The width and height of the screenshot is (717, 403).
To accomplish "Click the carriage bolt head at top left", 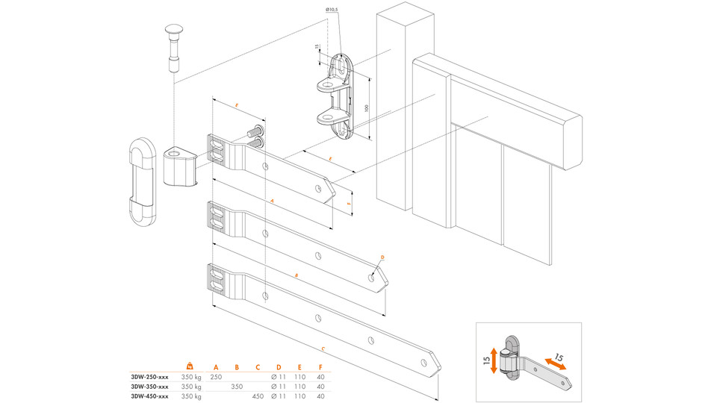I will (174, 32).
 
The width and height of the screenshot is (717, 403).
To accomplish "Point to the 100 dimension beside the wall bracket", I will (367, 108).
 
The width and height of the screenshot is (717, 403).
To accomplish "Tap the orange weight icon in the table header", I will (190, 366).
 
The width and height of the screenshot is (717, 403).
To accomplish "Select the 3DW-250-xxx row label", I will (149, 377).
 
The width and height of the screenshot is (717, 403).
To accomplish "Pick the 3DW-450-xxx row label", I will (149, 396).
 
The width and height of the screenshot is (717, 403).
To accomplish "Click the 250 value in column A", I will (216, 377).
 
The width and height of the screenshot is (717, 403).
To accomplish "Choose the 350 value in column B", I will (237, 387).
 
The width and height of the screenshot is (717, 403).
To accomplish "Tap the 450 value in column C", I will (258, 396).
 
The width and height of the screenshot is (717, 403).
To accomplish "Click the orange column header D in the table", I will (279, 366).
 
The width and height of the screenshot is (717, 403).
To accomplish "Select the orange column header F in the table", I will (320, 366).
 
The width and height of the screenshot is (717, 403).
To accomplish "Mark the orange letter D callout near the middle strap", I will (382, 257).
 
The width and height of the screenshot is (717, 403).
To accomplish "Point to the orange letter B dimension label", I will (297, 276).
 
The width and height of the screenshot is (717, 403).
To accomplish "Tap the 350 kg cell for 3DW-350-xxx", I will (192, 387).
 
